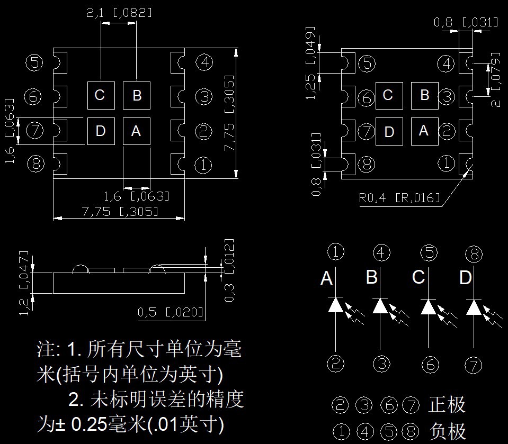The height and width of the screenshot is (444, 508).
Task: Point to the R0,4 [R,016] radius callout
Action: coord(399,198)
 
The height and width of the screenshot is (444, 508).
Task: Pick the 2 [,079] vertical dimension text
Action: coord(496,79)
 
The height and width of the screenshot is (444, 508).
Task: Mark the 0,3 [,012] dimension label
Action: coord(229,270)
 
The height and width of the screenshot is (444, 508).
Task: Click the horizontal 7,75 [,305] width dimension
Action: coord(119,212)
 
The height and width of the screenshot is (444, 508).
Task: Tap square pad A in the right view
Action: coord(424,130)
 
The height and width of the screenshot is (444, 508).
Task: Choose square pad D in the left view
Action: coord(101,130)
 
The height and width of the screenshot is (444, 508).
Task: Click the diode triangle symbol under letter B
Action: coord(379,306)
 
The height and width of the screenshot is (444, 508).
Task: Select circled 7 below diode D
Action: coord(473,365)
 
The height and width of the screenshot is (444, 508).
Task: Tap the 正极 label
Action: coord(447,405)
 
